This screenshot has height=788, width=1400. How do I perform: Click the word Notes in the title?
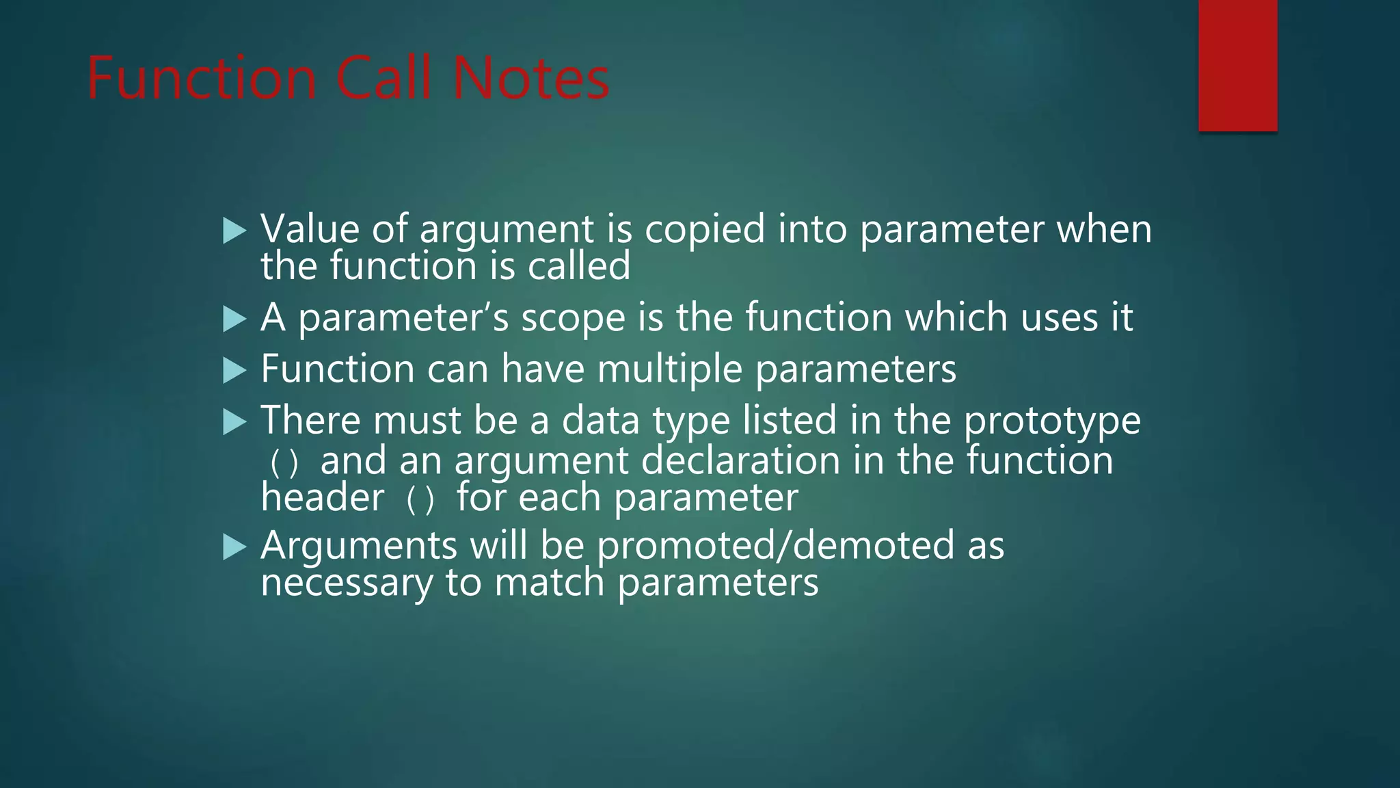[530, 79]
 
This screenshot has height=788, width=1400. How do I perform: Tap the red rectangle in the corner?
[1237, 66]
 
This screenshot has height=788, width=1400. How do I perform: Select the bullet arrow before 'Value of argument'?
[234, 231]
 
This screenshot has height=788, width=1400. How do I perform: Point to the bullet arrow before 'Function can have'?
[234, 371]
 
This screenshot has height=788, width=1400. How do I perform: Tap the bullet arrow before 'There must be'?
[234, 422]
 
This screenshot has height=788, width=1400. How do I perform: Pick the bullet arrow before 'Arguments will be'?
[234, 547]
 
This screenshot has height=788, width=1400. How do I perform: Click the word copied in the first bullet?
[705, 230]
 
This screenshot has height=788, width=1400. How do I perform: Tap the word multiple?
[669, 370]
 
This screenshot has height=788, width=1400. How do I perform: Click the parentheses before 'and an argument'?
[284, 463]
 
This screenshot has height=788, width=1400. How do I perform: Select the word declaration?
[741, 460]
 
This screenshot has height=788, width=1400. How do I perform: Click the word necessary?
[347, 583]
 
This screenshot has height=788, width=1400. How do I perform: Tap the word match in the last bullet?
[549, 583]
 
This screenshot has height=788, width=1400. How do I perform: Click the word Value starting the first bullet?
[310, 229]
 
